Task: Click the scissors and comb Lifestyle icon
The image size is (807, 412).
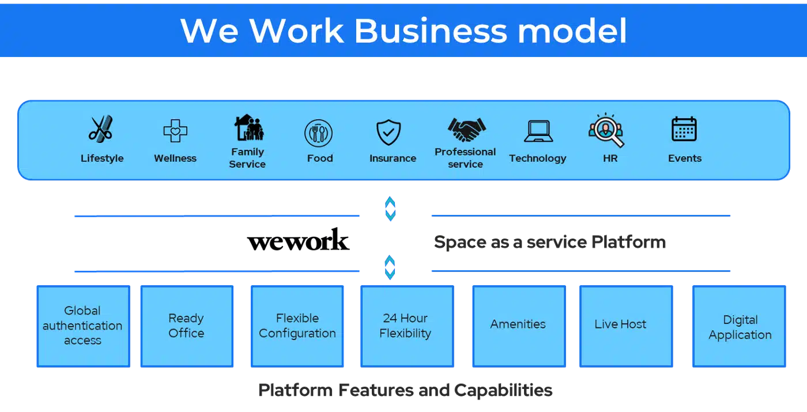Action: [101, 128]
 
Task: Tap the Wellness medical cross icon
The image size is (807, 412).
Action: [175, 131]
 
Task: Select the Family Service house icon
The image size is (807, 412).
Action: [249, 127]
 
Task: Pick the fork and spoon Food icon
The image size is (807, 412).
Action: [318, 133]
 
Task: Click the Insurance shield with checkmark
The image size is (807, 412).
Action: [389, 132]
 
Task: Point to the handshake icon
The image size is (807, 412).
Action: [466, 129]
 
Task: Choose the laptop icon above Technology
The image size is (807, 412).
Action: [538, 131]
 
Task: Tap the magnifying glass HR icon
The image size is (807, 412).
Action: [606, 130]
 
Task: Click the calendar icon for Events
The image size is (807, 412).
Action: [684, 129]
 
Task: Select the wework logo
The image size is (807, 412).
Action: [299, 240]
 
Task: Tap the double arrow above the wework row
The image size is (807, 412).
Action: [390, 209]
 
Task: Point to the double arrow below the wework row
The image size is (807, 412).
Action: [390, 267]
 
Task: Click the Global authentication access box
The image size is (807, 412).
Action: [83, 326]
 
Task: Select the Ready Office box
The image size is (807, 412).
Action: [187, 326]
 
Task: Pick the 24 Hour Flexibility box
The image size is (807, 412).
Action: [407, 326]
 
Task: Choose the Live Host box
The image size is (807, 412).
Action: [626, 326]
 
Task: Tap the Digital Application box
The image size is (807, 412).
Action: [739, 326]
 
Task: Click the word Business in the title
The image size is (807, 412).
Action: [431, 31]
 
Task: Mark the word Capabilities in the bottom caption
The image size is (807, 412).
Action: [503, 391]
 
